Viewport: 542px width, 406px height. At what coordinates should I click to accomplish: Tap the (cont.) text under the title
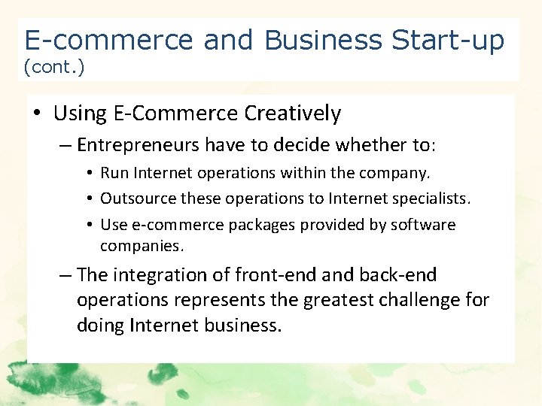(x=54, y=68)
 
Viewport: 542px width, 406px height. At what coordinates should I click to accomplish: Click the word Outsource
(x=133, y=198)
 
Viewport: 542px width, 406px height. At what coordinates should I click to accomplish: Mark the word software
(x=423, y=225)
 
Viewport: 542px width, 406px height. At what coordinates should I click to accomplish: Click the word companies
(x=142, y=246)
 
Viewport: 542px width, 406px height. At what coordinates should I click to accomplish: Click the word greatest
(x=331, y=301)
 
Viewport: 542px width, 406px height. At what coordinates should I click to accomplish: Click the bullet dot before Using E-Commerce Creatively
(x=37, y=114)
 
